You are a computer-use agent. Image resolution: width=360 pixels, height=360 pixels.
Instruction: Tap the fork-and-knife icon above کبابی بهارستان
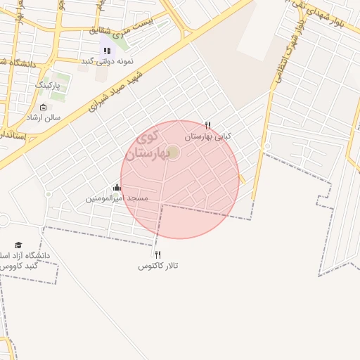pyautogui.click(x=207, y=124)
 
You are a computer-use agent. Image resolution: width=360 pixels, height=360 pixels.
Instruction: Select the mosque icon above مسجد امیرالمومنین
pyautogui.click(x=117, y=188)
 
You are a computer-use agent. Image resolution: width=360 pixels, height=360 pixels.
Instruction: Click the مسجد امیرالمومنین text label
pyautogui.click(x=117, y=198)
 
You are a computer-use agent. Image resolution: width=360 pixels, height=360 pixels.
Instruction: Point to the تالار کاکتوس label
pyautogui.click(x=157, y=266)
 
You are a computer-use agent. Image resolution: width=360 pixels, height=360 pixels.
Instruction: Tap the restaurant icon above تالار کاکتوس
pyautogui.click(x=157, y=255)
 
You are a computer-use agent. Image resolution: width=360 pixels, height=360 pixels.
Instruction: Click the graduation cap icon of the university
pyautogui.click(x=18, y=245)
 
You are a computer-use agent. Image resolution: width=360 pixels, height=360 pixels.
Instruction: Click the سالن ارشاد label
pyautogui.click(x=44, y=117)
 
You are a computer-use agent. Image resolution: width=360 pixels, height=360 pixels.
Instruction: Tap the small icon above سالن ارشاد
pyautogui.click(x=44, y=108)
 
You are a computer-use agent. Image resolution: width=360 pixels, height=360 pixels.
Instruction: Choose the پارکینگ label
pyautogui.click(x=49, y=84)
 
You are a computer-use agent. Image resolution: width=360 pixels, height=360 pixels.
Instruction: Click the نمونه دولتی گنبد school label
pyautogui.click(x=107, y=61)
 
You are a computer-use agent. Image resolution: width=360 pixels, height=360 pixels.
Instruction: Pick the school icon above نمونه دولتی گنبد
pyautogui.click(x=107, y=50)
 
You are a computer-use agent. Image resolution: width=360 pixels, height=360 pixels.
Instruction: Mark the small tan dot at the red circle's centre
pyautogui.click(x=174, y=153)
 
